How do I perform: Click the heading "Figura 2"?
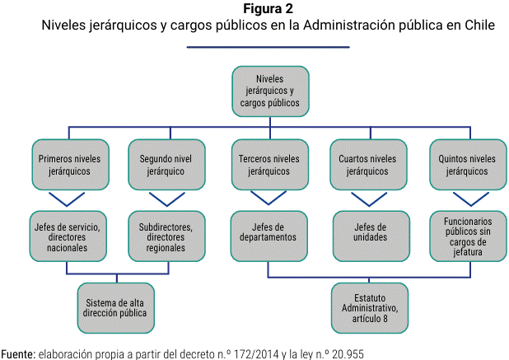point(268,9)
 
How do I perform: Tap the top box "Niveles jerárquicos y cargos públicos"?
point(270,91)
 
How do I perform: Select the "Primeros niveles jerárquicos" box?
point(70,165)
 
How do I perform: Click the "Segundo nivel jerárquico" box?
point(166,165)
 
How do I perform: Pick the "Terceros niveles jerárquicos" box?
point(270,165)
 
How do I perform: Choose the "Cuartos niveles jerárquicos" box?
point(368,165)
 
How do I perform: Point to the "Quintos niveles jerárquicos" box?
point(468,165)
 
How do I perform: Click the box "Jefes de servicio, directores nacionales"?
point(68,236)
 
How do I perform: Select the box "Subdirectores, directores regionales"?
point(166,236)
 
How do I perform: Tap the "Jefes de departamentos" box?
point(269,236)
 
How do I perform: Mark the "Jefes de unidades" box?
point(371,236)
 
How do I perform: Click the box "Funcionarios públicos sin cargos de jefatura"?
point(468,236)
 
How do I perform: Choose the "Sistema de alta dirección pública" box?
point(115,308)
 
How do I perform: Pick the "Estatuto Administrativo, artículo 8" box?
point(370,308)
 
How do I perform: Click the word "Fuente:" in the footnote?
point(18,354)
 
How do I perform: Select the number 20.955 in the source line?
point(348,354)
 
